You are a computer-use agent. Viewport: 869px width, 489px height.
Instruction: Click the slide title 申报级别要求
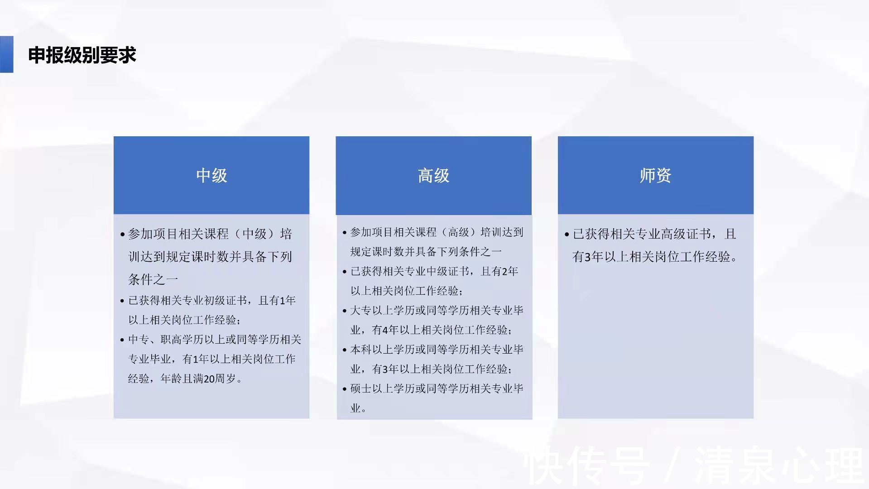pyautogui.click(x=82, y=55)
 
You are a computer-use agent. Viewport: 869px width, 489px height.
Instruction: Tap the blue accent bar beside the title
pyautogui.click(x=6, y=54)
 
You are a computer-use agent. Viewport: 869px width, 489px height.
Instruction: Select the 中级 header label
pyautogui.click(x=211, y=175)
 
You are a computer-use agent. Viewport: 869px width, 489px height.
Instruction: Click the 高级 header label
pyautogui.click(x=433, y=175)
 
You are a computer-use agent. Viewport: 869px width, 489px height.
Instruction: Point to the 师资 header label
pyautogui.click(x=655, y=175)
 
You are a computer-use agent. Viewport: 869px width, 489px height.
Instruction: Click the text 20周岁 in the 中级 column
pyautogui.click(x=220, y=379)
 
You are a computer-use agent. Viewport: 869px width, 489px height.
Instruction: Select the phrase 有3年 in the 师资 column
pyautogui.click(x=588, y=257)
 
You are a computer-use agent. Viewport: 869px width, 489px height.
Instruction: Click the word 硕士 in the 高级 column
pyautogui.click(x=361, y=388)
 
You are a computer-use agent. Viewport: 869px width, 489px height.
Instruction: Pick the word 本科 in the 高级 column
pyautogui.click(x=361, y=350)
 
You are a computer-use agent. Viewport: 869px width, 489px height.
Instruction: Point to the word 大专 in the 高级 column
pyautogui.click(x=361, y=311)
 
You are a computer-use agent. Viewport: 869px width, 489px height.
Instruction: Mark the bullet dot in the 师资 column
pyautogui.click(x=567, y=235)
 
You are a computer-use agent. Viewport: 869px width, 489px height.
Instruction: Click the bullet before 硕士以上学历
pyautogui.click(x=345, y=389)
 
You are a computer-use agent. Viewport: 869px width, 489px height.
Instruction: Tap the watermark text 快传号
pyautogui.click(x=586, y=466)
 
